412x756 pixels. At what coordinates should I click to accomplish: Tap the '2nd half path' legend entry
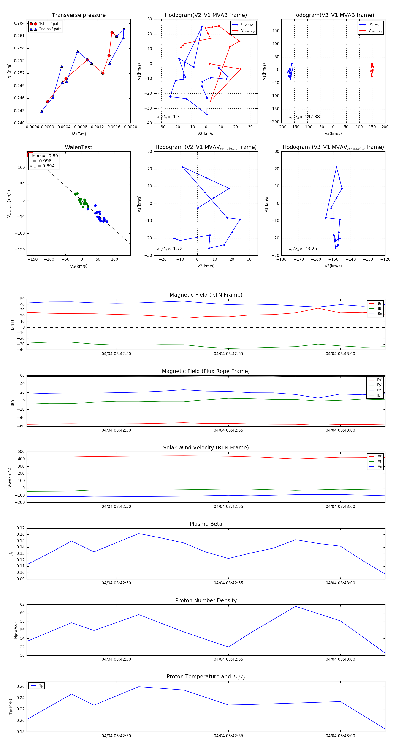[50, 29]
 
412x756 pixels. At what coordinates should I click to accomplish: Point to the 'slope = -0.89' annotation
[43, 156]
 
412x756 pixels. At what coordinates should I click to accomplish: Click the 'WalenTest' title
[79, 147]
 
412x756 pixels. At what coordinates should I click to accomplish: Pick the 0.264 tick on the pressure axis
[19, 23]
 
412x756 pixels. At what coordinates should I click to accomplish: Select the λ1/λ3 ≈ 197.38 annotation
[304, 117]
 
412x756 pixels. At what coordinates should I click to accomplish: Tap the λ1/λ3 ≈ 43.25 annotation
[303, 249]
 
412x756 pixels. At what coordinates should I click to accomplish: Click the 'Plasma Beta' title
[206, 524]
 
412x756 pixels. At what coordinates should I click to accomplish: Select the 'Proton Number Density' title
[206, 600]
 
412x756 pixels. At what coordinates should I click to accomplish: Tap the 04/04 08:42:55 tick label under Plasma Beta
[228, 583]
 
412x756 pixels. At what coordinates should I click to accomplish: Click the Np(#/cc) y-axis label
[16, 630]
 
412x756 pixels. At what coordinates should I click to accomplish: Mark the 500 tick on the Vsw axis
[21, 452]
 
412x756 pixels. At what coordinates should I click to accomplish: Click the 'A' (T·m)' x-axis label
[79, 134]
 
